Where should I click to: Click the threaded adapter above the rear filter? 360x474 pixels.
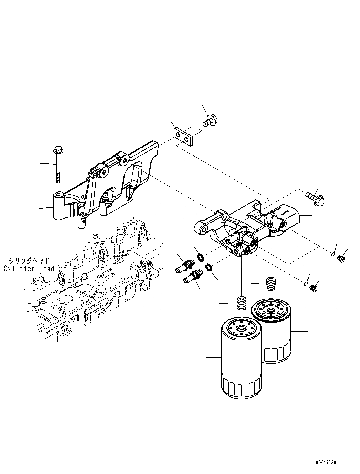(271, 283)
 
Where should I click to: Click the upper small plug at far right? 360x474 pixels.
(341, 258)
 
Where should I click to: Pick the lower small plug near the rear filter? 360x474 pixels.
(313, 288)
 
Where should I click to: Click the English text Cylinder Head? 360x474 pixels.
(29, 269)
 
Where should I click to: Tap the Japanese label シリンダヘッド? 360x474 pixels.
(29, 261)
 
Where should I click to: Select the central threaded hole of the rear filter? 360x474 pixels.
(271, 309)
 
